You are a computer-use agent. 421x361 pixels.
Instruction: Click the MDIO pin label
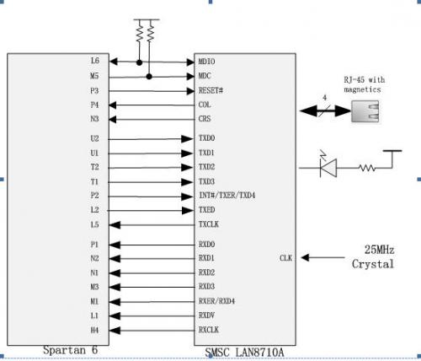(206, 62)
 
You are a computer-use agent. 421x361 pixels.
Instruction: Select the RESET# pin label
(210, 90)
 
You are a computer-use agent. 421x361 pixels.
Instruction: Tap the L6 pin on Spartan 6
(95, 61)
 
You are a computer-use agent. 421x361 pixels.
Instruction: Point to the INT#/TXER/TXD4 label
(227, 195)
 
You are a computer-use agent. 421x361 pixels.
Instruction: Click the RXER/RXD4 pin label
(216, 301)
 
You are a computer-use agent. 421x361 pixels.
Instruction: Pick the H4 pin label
(94, 330)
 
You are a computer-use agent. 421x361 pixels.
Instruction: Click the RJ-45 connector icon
(365, 111)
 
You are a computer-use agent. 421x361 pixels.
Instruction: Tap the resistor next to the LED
(367, 168)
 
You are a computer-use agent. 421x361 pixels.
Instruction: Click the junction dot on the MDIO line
(139, 62)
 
